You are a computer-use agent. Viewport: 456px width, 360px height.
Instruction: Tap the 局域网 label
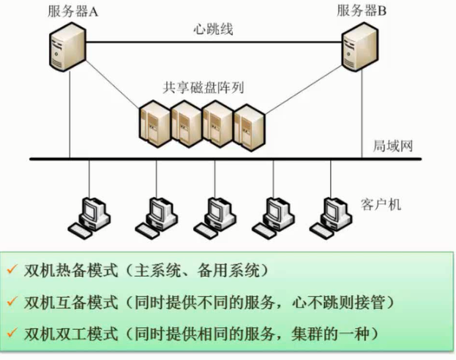(x=394, y=146)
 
